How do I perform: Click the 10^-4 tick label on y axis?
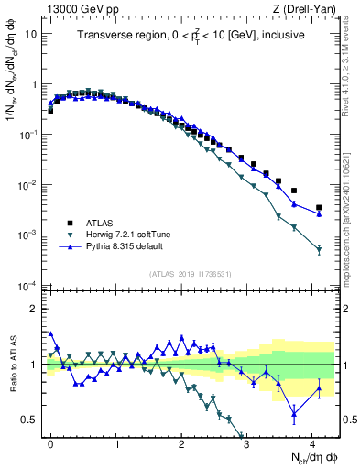27,286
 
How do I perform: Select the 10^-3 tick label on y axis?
27,235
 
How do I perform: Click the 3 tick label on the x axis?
247,442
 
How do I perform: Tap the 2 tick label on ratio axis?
34,309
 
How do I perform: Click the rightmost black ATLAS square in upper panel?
319,208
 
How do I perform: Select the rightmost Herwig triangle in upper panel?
319,249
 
